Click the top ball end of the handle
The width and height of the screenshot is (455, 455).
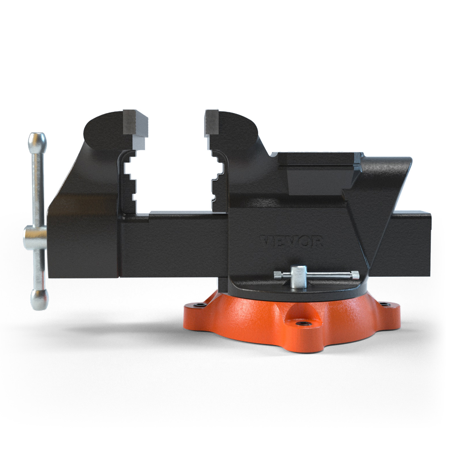pyautogui.click(x=38, y=140)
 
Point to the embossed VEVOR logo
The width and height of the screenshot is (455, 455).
pyautogui.click(x=291, y=242)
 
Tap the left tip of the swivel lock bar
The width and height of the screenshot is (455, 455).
pyautogui.click(x=277, y=275)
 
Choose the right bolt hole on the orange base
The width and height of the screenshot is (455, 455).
pyautogui.click(x=386, y=304)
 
